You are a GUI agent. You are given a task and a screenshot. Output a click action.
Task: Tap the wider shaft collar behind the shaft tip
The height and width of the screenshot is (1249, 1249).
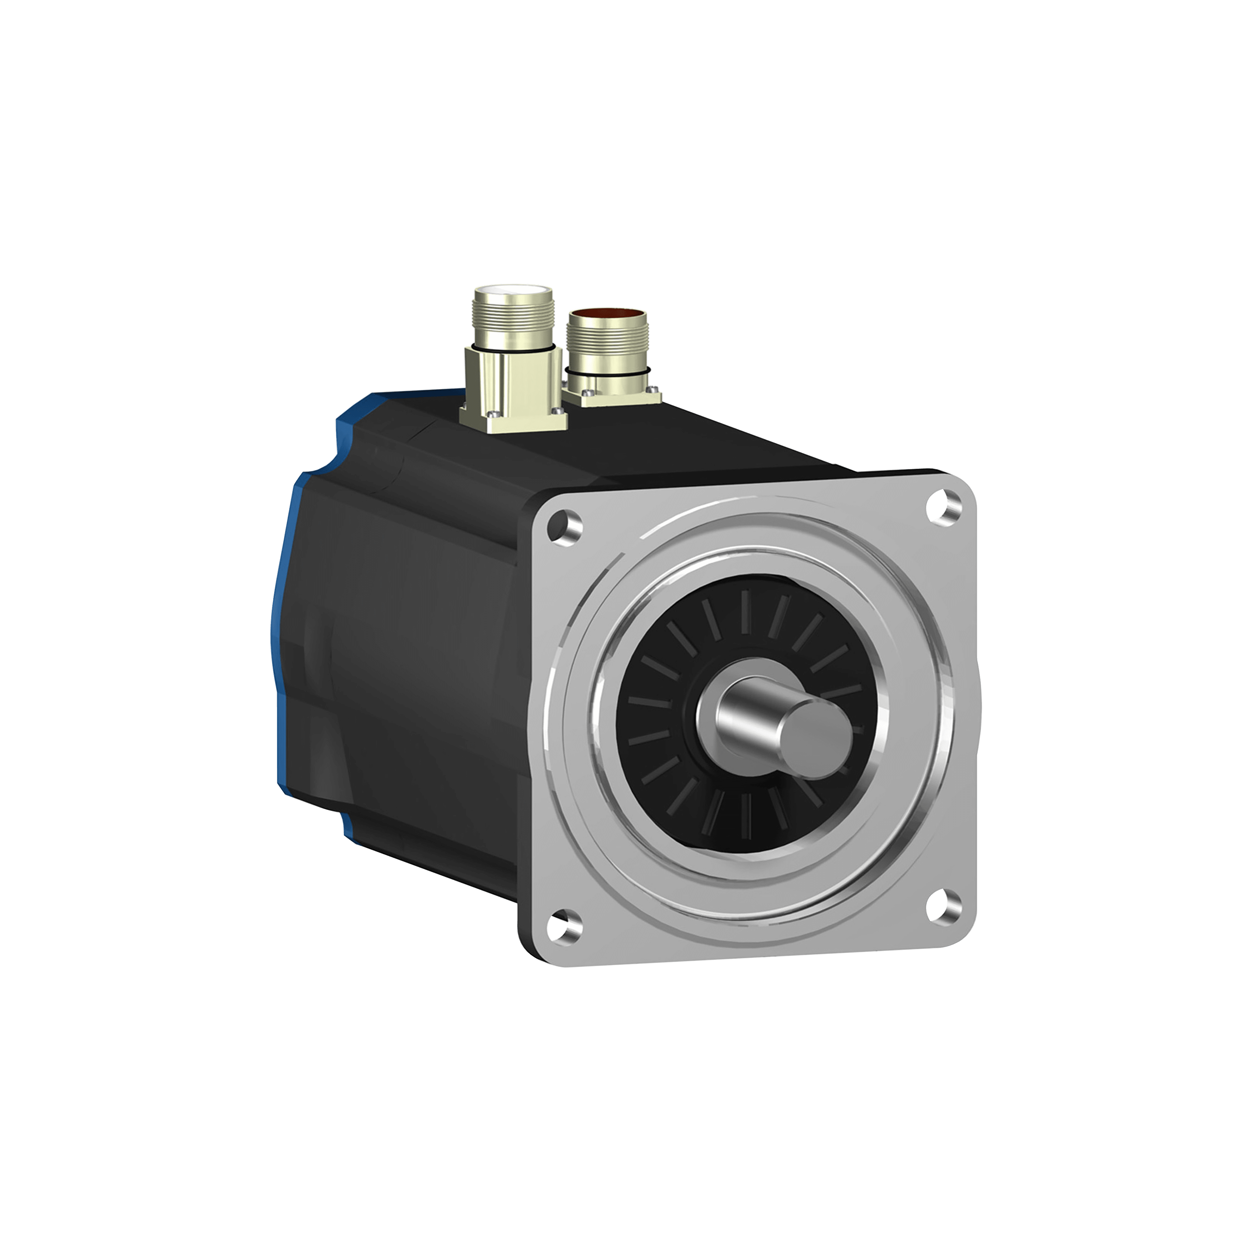(x=724, y=711)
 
